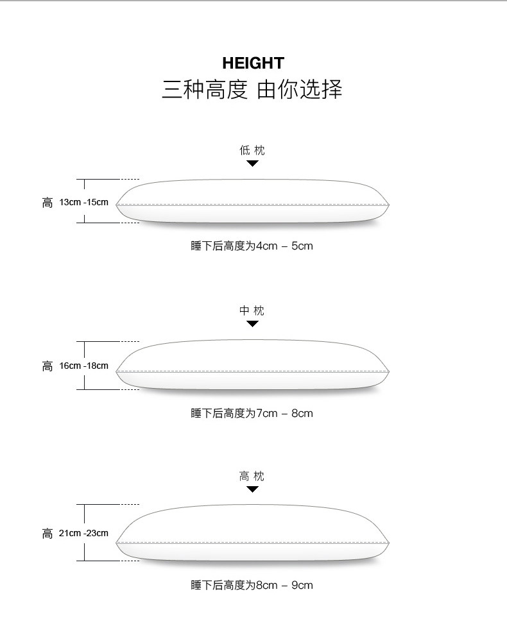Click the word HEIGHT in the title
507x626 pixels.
pos(253,63)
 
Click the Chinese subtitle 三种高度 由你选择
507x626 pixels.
pos(252,89)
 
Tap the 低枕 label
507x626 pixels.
pos(252,150)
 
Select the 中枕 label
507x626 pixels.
pos(252,310)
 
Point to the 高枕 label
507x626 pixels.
pos(252,476)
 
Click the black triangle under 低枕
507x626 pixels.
pos(252,164)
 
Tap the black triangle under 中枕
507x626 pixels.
pos(252,324)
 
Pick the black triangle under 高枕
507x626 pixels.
pos(252,489)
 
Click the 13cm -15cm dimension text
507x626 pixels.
pos(84,202)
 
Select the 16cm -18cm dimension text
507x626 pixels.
pos(84,366)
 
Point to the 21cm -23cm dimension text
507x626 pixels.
pos(83,533)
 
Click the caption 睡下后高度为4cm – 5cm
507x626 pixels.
pos(252,246)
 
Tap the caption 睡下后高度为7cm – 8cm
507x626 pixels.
pos(252,413)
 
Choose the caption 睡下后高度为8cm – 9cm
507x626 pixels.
pos(252,586)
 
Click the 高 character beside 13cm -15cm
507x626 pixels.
pos(47,203)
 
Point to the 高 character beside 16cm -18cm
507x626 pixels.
pos(47,366)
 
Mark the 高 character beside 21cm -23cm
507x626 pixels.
pos(47,534)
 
